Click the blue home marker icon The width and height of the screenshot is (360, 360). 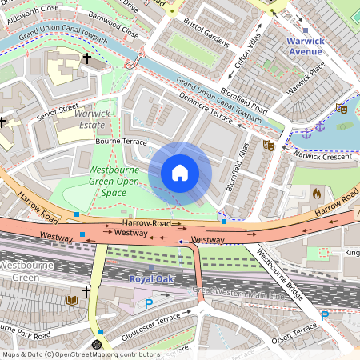(x=180, y=173)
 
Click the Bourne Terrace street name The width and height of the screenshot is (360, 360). (x=118, y=142)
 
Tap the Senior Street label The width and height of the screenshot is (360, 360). (x=57, y=113)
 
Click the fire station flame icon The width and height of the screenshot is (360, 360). (x=317, y=193)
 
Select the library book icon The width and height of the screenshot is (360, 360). (x=71, y=300)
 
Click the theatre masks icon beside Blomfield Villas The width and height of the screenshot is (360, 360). (x=270, y=146)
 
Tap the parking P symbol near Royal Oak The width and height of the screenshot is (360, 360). (x=148, y=303)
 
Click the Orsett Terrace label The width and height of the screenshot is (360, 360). (x=294, y=334)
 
